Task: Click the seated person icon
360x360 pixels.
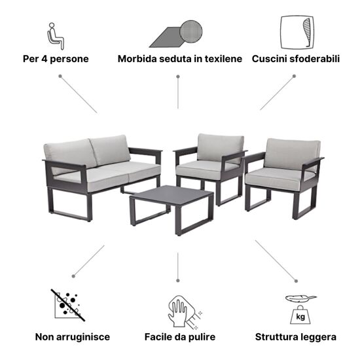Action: (x=56, y=36)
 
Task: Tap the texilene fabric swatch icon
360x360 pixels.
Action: (x=176, y=34)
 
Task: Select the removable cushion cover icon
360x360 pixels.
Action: (x=297, y=32)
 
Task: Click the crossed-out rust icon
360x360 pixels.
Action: (x=67, y=305)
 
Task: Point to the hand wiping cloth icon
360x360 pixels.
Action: (x=185, y=312)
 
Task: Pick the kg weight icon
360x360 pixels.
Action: (x=300, y=315)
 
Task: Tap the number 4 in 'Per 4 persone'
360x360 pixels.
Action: (x=44, y=59)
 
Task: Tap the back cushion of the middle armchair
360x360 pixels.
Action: (x=220, y=147)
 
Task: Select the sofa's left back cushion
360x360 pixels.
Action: (x=71, y=154)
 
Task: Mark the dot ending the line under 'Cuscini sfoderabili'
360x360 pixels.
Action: (x=294, y=76)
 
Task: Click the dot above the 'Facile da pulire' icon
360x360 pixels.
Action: (x=177, y=281)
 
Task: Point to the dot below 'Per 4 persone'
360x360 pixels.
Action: (x=60, y=76)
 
